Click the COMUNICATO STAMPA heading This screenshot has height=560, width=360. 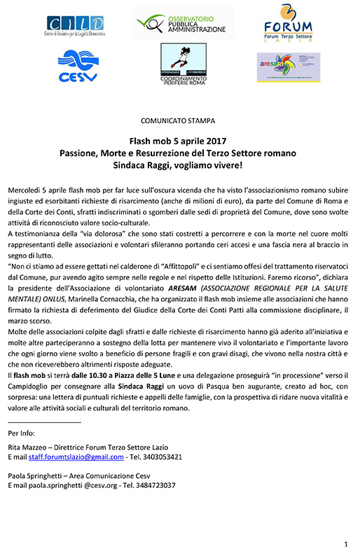(179, 120)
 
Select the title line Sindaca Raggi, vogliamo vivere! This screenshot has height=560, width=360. (180, 166)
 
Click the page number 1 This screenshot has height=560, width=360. (345, 544)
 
